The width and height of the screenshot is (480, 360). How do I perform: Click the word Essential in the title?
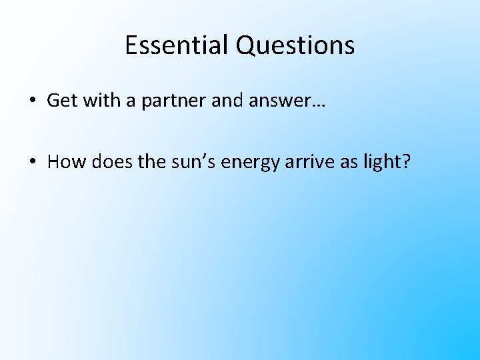pos(177,45)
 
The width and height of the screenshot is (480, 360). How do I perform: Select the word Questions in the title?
pos(295,45)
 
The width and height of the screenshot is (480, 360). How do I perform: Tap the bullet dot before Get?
pos(32,101)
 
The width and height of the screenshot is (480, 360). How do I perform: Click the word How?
pos(64,162)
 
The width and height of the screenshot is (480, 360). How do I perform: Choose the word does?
pos(107,162)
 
